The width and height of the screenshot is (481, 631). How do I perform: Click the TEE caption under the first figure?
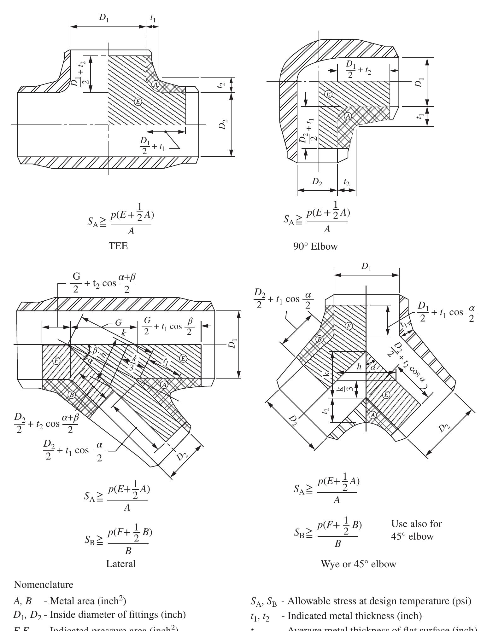point(118,246)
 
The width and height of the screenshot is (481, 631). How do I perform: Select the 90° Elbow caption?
point(315,246)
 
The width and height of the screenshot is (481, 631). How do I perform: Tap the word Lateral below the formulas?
point(121,563)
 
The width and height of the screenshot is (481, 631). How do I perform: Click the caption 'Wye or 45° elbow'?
point(358,564)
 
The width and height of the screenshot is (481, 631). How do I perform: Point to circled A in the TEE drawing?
point(155,84)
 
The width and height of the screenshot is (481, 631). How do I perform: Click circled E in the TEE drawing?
point(138,101)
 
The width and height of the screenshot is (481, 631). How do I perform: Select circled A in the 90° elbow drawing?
point(348,116)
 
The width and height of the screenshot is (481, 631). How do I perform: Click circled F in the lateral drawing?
point(56,361)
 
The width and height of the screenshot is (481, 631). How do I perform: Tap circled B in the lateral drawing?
point(72,395)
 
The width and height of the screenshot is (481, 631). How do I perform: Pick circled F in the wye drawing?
point(349,326)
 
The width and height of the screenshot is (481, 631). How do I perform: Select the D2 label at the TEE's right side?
point(223,124)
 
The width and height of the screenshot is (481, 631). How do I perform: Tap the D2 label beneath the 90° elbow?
point(317,182)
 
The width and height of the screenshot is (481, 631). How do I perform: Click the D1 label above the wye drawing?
point(366,267)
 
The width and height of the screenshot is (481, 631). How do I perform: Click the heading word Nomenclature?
point(44,585)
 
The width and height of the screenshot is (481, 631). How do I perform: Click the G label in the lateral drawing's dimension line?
point(118,323)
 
